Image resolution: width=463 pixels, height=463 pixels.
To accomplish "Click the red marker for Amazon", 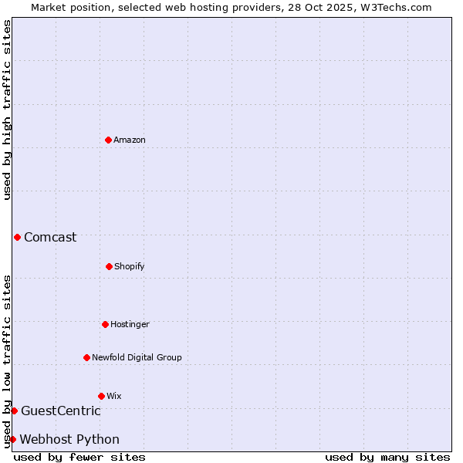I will click(x=108, y=140).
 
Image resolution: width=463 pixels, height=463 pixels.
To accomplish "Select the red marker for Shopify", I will click(x=109, y=266).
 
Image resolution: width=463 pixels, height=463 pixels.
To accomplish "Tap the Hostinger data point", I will click(x=105, y=324).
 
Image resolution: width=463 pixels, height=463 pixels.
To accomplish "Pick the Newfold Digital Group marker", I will click(x=86, y=357).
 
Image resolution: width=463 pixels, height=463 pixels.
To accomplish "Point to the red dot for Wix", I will click(x=101, y=396).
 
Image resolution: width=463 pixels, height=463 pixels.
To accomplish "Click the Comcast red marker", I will click(x=17, y=237).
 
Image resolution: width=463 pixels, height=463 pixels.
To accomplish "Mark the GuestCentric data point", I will click(x=14, y=411).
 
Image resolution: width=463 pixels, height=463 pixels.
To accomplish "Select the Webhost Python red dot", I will click(x=12, y=439).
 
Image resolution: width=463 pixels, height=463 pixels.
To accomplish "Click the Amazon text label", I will click(x=130, y=140).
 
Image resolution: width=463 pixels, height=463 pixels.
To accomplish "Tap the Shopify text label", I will click(x=130, y=267).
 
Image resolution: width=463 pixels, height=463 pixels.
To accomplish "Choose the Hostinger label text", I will click(x=130, y=325).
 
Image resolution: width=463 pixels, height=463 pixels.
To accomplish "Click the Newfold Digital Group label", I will click(x=137, y=358).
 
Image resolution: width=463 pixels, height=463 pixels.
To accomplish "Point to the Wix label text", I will click(x=114, y=397).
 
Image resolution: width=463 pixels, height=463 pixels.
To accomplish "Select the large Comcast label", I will click(x=50, y=238).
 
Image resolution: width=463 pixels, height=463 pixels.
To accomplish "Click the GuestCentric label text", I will click(x=60, y=411).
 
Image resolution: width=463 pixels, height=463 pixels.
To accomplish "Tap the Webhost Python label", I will click(x=69, y=440).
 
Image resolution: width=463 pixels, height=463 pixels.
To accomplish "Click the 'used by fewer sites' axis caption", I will click(x=79, y=457).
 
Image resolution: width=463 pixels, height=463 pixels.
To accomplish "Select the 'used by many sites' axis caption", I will click(x=387, y=457).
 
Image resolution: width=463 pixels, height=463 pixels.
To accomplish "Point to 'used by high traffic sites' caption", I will click(x=7, y=110).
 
